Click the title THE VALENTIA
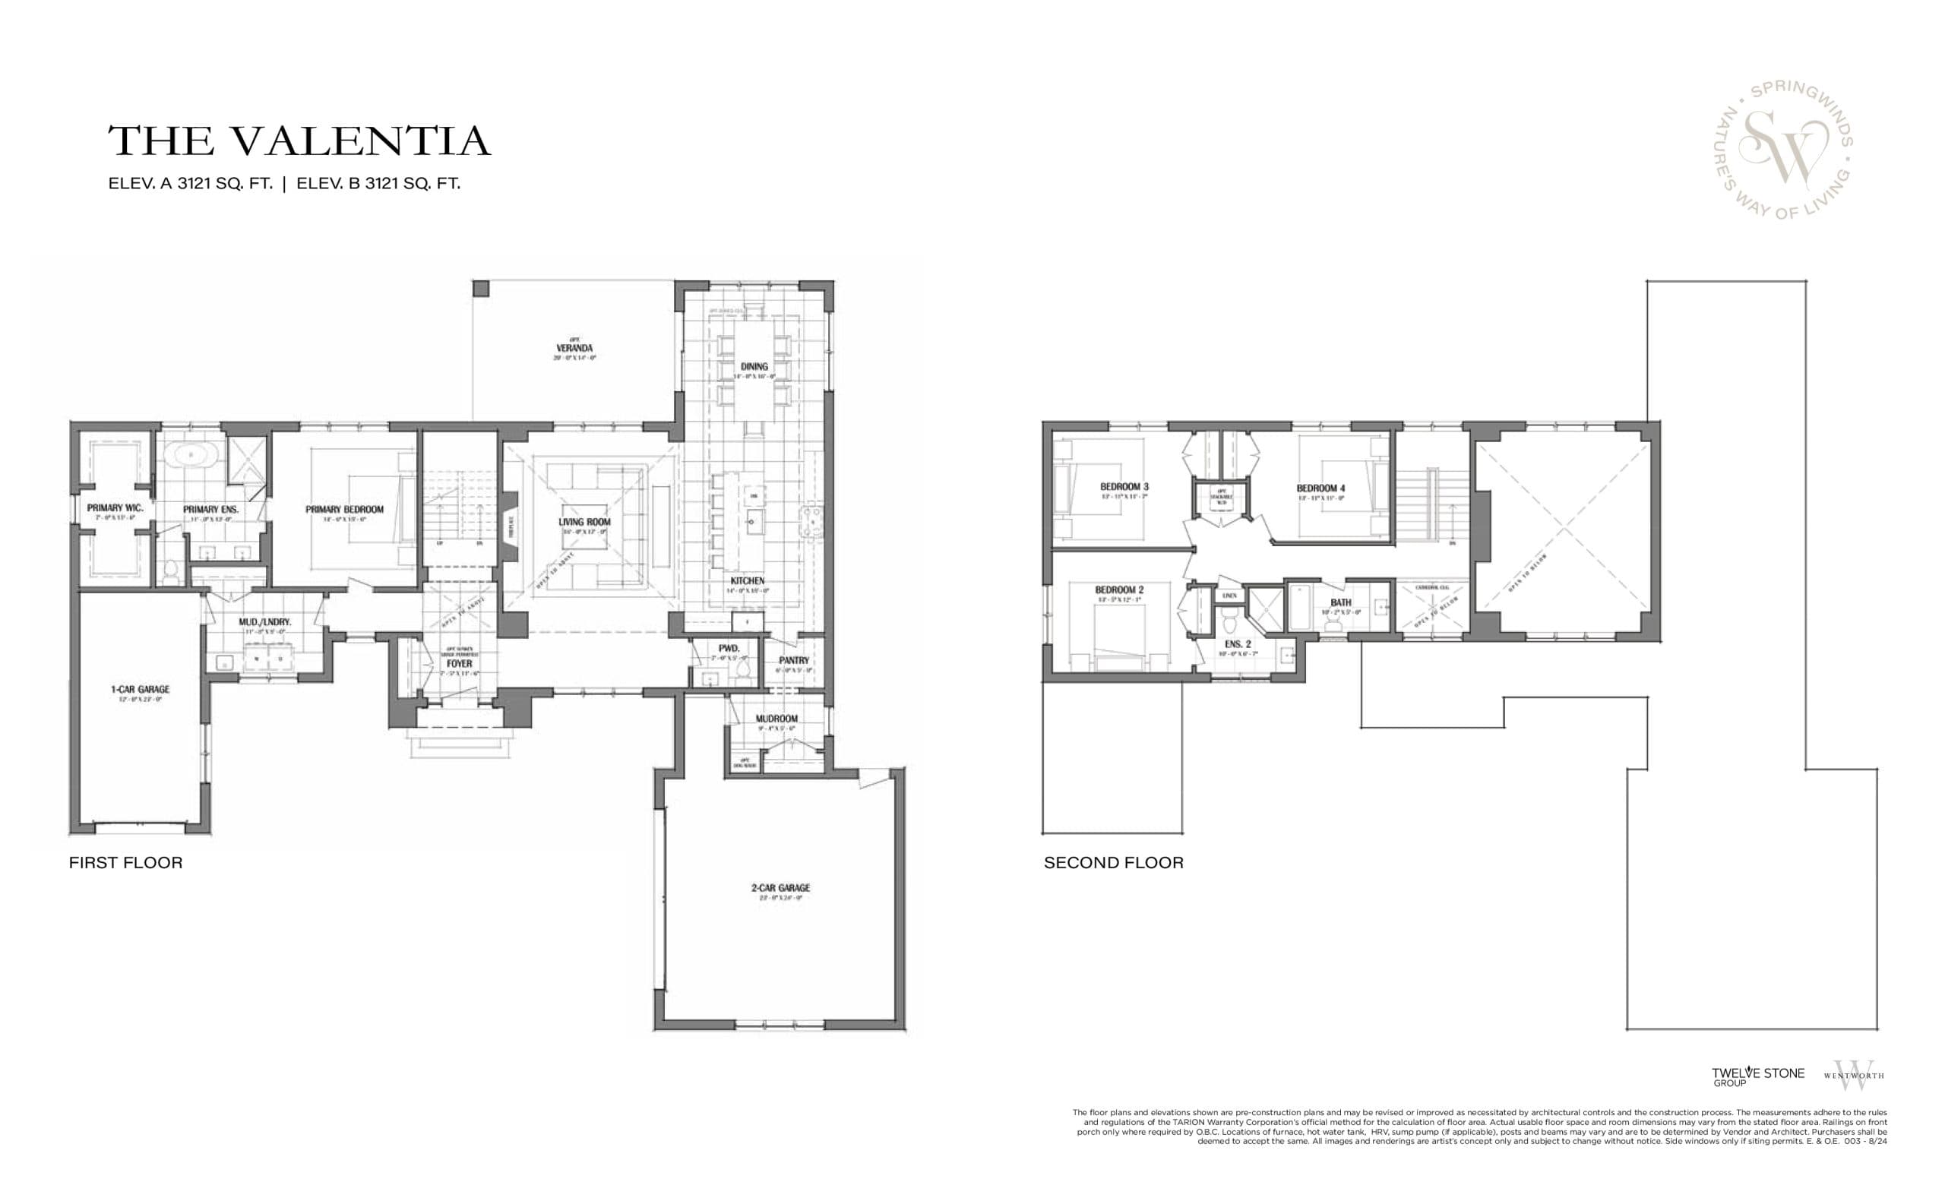click(299, 141)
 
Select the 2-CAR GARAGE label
click(780, 888)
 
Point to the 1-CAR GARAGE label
click(140, 690)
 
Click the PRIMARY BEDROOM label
click(344, 510)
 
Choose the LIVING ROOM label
click(583, 522)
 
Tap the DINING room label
click(754, 367)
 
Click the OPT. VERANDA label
click(574, 349)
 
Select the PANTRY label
click(793, 661)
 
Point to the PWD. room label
click(729, 649)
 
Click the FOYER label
click(459, 663)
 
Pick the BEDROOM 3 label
click(1124, 487)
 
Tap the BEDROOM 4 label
click(1320, 488)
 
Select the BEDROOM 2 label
click(1119, 590)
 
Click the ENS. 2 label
click(1238, 644)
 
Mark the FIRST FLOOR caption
click(125, 863)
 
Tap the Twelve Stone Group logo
click(1757, 1076)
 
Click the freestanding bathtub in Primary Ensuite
click(190, 455)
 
